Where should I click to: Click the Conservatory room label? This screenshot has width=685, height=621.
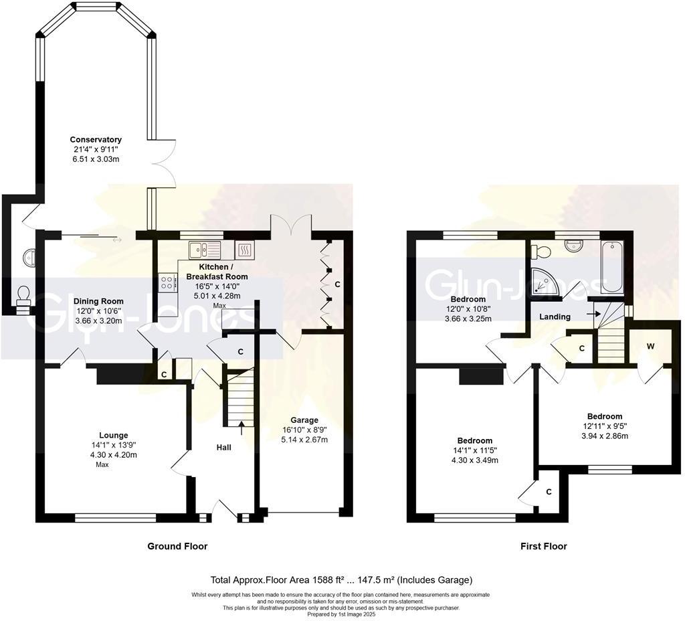tap(96, 139)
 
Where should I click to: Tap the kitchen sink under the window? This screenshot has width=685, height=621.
tap(204, 250)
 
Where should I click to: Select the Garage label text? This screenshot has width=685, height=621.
tap(304, 420)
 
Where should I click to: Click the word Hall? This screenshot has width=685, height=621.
tap(223, 447)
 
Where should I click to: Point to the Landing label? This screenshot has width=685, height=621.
tap(555, 317)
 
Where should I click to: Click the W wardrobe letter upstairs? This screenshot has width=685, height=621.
tap(650, 347)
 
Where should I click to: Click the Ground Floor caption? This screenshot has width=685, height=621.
tap(177, 546)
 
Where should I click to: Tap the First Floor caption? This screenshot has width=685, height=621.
tap(543, 546)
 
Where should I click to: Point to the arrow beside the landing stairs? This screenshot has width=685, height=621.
tap(590, 313)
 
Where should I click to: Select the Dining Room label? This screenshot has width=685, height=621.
tap(98, 301)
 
